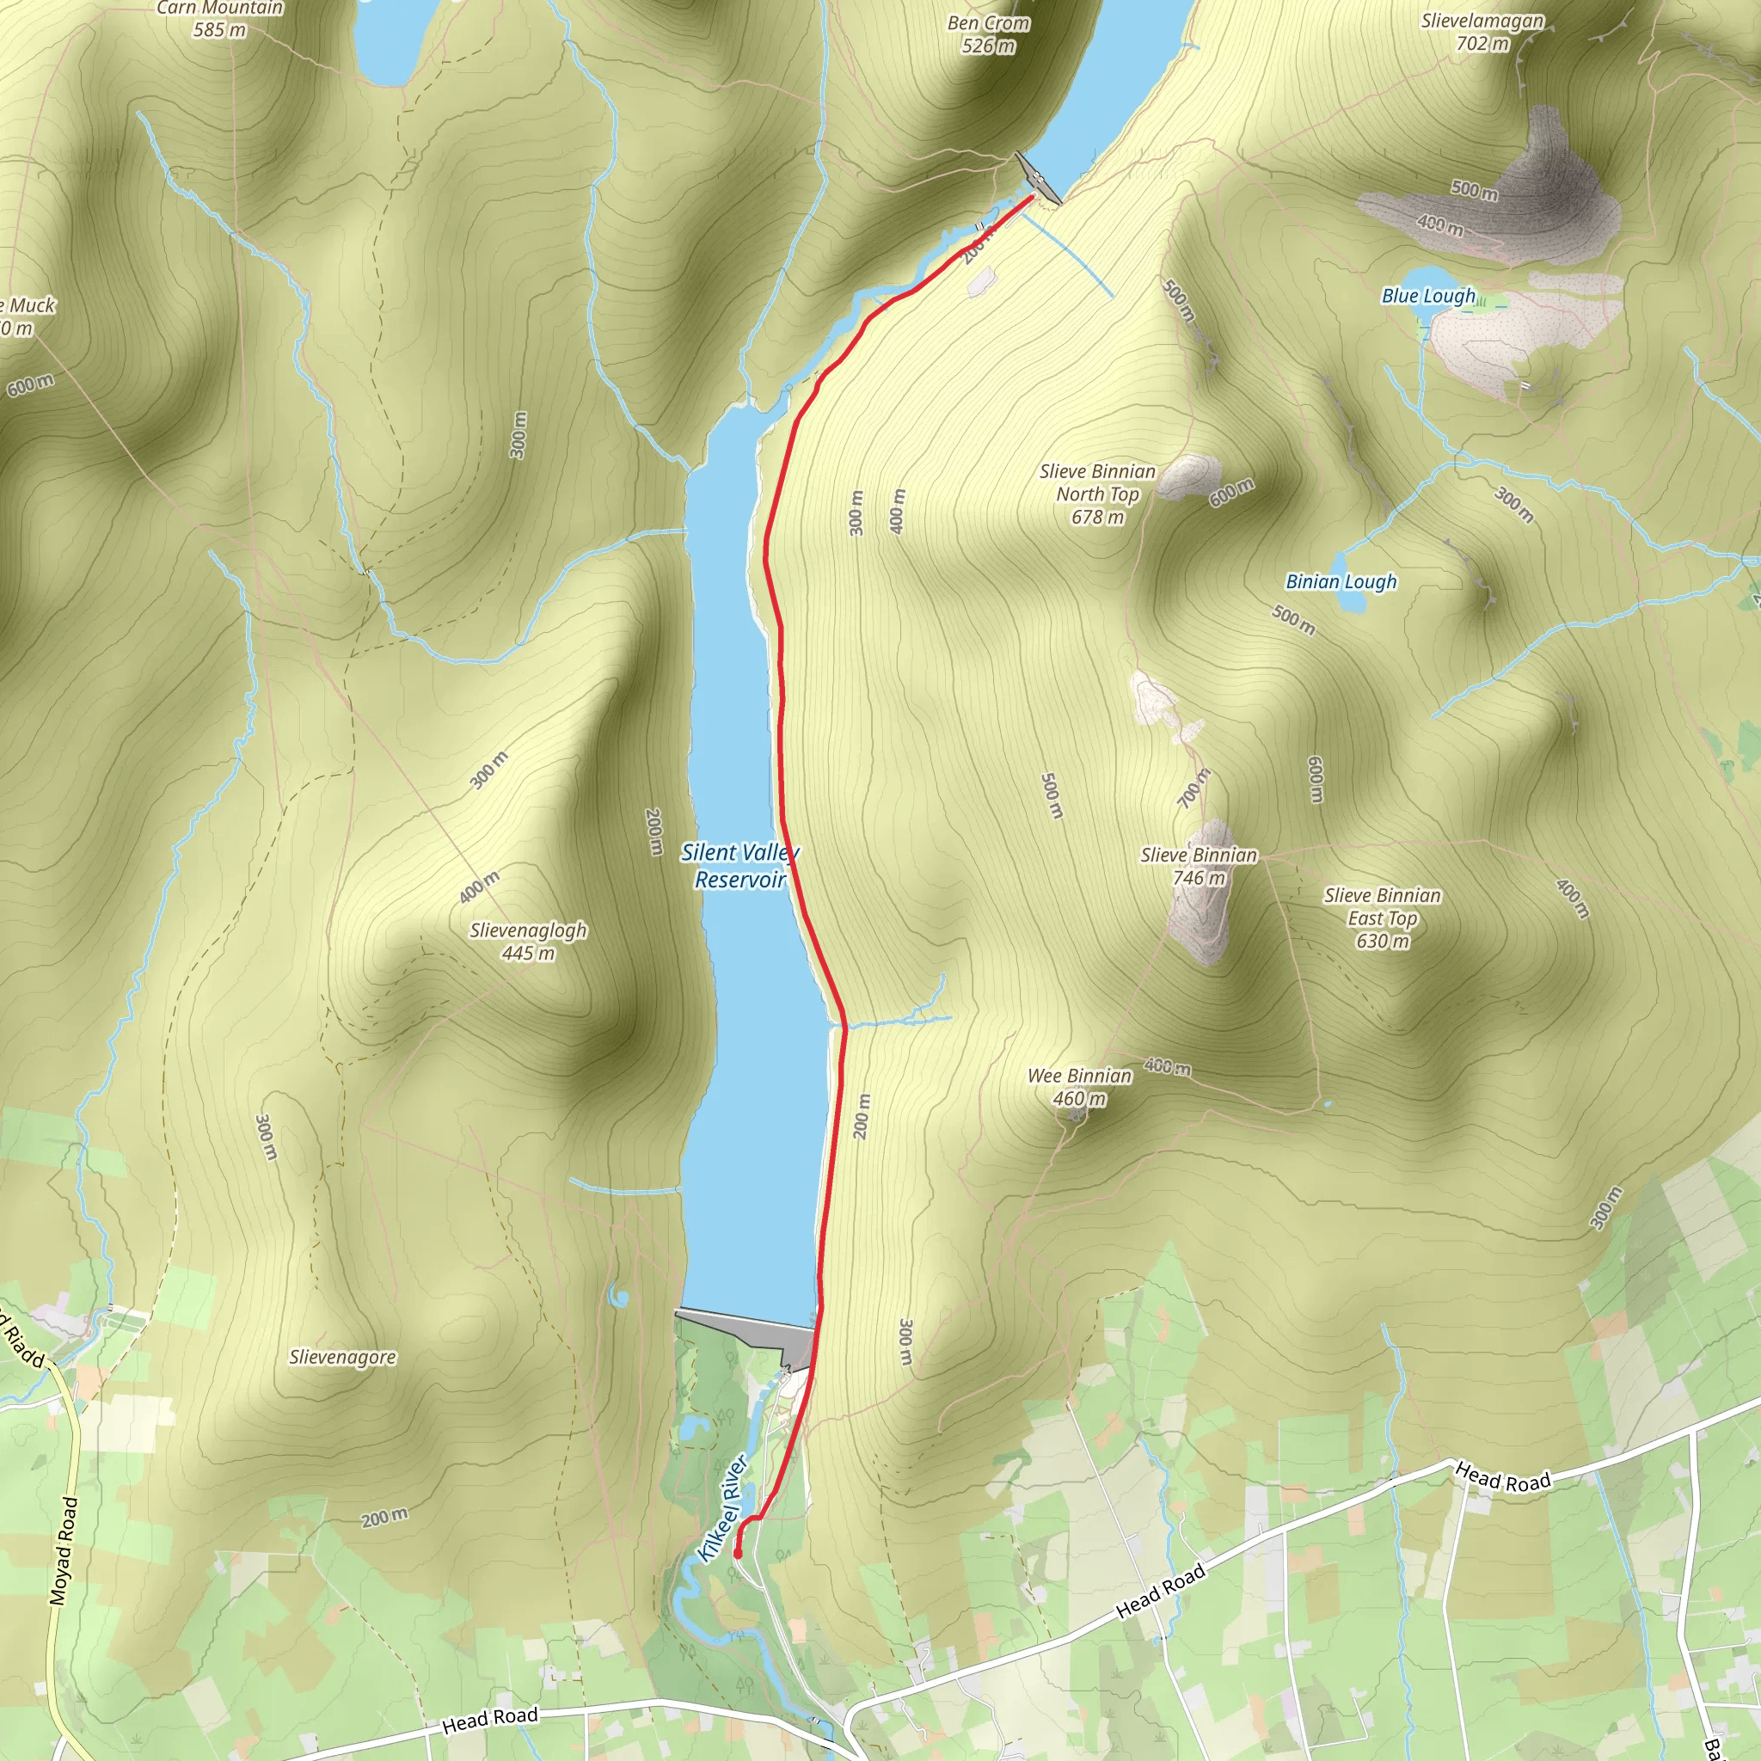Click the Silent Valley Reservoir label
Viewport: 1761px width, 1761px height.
pos(739,866)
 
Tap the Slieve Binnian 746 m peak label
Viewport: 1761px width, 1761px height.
pos(1199,866)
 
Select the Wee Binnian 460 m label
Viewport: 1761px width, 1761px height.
pos(1079,1087)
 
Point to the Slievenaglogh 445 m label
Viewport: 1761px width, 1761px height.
pos(528,942)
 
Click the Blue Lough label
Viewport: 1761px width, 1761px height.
pos(1427,297)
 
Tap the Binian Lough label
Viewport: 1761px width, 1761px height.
pos(1340,581)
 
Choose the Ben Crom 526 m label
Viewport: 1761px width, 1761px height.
pos(988,34)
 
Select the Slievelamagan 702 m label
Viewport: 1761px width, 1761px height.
pos(1482,32)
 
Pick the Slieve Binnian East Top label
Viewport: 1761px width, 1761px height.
pos(1382,917)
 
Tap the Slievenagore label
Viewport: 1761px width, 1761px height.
pos(343,1357)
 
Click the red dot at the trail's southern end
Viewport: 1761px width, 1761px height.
pos(738,1555)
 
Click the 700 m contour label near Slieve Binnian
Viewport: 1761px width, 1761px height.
pos(1193,788)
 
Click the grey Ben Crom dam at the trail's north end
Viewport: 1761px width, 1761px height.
pos(1038,178)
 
